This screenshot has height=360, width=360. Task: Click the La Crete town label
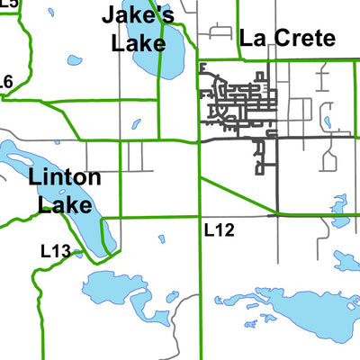click(x=287, y=39)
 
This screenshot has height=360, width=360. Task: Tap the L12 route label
click(x=219, y=230)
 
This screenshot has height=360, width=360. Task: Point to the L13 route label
click(x=56, y=251)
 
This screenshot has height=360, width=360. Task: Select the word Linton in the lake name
click(x=64, y=177)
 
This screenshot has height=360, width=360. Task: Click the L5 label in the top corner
click(x=9, y=4)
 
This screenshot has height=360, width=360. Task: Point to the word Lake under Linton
click(x=65, y=204)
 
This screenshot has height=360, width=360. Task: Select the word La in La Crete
click(x=252, y=39)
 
